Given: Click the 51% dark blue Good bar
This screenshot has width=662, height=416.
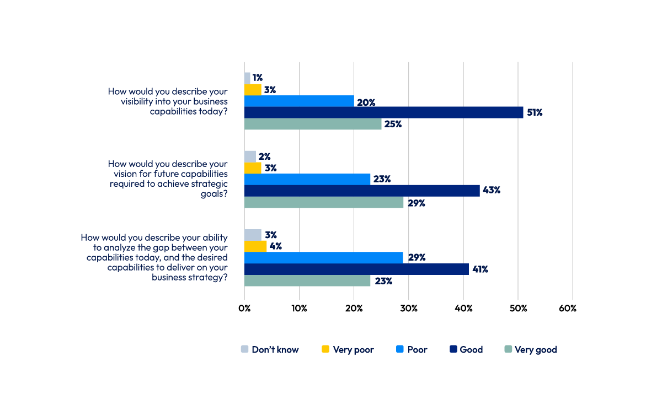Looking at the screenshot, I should pyautogui.click(x=383, y=112).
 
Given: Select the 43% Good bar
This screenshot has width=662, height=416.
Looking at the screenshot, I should pyautogui.click(x=362, y=191).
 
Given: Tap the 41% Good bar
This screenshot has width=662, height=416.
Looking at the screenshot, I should pyautogui.click(x=356, y=269).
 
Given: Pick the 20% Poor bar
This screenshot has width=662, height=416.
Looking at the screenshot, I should pyautogui.click(x=299, y=101).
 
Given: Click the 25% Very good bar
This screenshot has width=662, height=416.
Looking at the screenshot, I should pyautogui.click(x=313, y=124).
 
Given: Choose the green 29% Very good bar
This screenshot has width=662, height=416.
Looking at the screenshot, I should pyautogui.click(x=324, y=202).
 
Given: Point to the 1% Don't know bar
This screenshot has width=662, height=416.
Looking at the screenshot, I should pyautogui.click(x=247, y=78).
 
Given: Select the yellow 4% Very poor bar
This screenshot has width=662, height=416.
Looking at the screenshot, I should pyautogui.click(x=255, y=246).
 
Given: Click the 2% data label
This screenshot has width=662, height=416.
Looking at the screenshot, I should pyautogui.click(x=264, y=156).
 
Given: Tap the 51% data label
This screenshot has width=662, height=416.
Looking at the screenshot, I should pyautogui.click(x=535, y=112).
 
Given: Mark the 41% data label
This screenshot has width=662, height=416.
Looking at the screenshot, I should pyautogui.click(x=480, y=269).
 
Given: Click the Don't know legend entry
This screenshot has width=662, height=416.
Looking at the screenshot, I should pyautogui.click(x=270, y=349).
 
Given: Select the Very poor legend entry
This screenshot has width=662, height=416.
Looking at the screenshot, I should pyautogui.click(x=348, y=349).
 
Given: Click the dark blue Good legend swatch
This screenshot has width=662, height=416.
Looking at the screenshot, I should pyautogui.click(x=453, y=349).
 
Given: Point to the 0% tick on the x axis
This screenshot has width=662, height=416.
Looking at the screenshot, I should pyautogui.click(x=244, y=309).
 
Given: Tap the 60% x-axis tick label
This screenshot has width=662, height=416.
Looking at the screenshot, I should pyautogui.click(x=567, y=309).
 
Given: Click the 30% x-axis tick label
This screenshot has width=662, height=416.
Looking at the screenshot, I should pyautogui.click(x=408, y=309).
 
